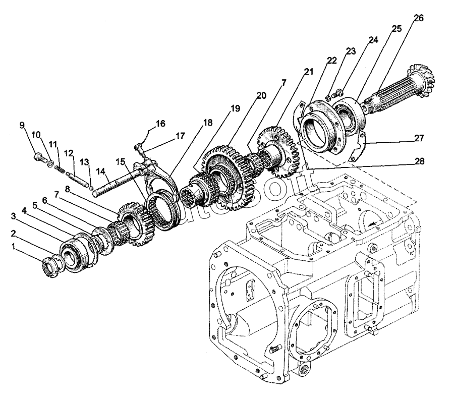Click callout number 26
coord(418,18)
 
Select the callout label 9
coord(22,125)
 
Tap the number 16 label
coord(160,124)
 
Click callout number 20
coord(260,95)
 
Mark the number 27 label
coord(419,137)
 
